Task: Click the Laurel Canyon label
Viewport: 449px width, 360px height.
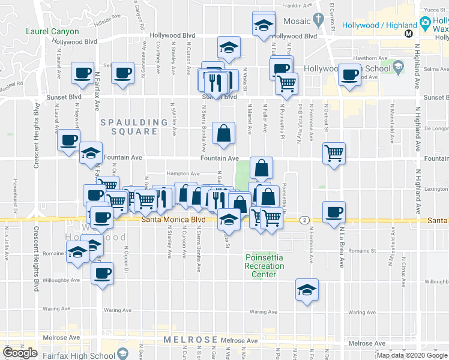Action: [52, 31]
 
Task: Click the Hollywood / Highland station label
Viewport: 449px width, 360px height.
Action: [379, 26]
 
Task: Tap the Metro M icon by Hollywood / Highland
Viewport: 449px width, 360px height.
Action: [408, 34]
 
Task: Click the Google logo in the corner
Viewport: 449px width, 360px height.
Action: [20, 353]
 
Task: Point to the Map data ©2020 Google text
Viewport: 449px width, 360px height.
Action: [411, 355]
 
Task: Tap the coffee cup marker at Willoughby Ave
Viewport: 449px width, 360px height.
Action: [101, 274]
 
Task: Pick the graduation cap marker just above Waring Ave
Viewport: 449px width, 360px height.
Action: [306, 290]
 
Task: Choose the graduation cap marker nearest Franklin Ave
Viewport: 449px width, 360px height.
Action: [264, 24]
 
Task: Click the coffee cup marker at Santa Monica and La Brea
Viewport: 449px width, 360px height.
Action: [334, 211]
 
